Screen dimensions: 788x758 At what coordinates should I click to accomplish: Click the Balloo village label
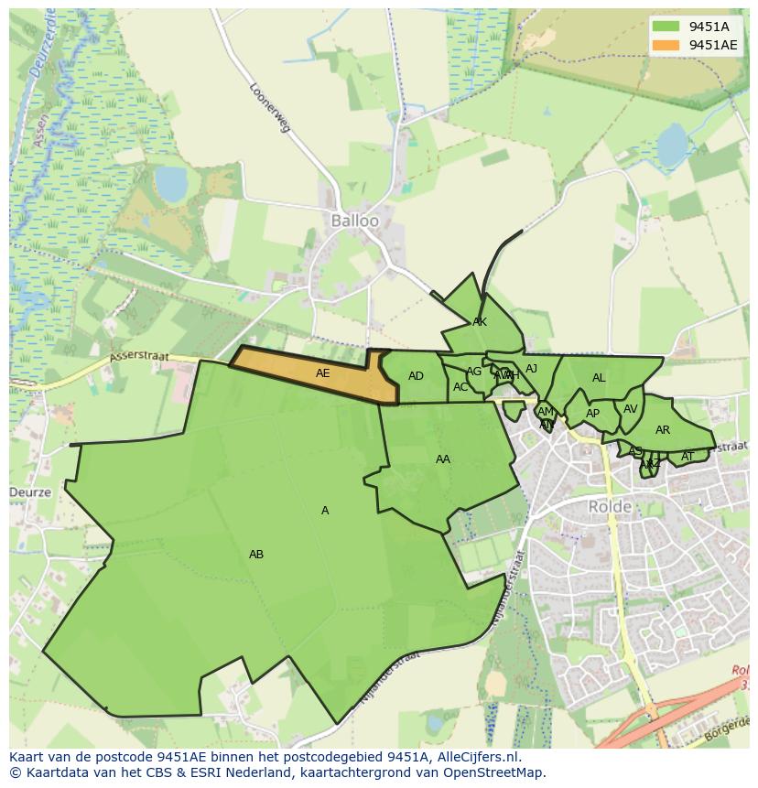[x=354, y=221]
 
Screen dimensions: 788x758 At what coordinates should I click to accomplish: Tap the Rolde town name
[x=610, y=506]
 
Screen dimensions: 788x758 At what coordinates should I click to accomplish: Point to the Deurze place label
[x=30, y=492]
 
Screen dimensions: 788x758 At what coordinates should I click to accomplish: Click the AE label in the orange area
[x=322, y=373]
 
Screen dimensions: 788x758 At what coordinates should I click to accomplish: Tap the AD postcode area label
[x=416, y=376]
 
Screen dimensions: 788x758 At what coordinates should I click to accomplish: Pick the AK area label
[x=480, y=322]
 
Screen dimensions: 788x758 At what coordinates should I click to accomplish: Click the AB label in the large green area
[x=256, y=555]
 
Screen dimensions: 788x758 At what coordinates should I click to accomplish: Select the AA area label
[x=443, y=459]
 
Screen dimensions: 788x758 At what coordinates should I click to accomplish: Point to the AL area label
[x=599, y=378]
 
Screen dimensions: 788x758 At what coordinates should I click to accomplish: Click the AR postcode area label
[x=663, y=430]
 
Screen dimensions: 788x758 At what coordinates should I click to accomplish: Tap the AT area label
[x=688, y=456]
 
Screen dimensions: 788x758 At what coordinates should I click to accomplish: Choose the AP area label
[x=592, y=414]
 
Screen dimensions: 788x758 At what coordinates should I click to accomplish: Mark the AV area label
[x=630, y=409]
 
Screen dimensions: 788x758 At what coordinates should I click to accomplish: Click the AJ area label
[x=531, y=369]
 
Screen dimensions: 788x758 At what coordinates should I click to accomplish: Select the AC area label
[x=460, y=387]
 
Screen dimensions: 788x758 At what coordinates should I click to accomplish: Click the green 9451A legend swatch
[x=666, y=27]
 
